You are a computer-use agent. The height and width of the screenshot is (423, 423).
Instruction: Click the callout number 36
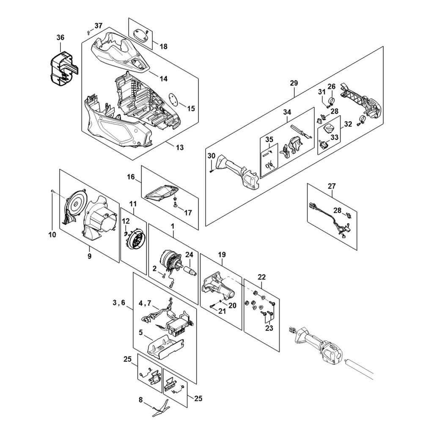(x=60, y=38)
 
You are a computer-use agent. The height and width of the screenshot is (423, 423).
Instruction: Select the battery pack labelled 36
(x=64, y=69)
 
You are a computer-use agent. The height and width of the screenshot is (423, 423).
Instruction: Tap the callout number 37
(x=99, y=26)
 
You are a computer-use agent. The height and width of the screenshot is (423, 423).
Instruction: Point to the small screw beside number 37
(x=88, y=33)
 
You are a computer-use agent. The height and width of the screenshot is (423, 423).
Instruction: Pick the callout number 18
(x=163, y=47)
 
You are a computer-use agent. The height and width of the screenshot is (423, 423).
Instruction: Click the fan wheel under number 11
(x=135, y=238)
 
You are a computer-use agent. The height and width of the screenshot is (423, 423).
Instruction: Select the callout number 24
(x=189, y=254)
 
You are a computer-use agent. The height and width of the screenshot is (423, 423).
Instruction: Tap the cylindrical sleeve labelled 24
(x=190, y=270)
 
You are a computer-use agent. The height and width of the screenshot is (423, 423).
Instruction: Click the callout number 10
(x=52, y=234)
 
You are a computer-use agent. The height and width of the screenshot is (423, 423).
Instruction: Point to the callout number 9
(x=89, y=255)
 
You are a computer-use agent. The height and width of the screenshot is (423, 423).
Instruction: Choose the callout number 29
(x=294, y=83)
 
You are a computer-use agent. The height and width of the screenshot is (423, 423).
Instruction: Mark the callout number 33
(x=335, y=137)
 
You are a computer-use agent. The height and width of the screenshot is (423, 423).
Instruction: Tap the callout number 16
(x=131, y=177)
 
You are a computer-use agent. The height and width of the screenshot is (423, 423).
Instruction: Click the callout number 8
(x=140, y=400)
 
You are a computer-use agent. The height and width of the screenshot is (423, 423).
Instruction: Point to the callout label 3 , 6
(x=119, y=303)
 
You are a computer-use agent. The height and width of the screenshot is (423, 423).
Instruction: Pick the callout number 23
(x=269, y=328)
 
